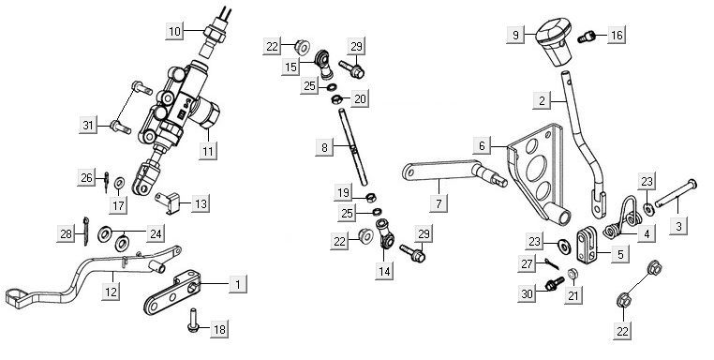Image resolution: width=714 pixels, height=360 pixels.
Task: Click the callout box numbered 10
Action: (x=174, y=32)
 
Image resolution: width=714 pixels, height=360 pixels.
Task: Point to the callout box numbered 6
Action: (x=481, y=146)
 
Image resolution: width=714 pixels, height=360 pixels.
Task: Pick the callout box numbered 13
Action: (x=201, y=202)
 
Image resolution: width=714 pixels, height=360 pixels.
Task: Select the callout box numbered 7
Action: (x=437, y=202)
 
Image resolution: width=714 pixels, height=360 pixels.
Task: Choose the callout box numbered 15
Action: (x=291, y=67)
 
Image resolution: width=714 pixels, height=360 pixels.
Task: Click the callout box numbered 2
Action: (x=542, y=97)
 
